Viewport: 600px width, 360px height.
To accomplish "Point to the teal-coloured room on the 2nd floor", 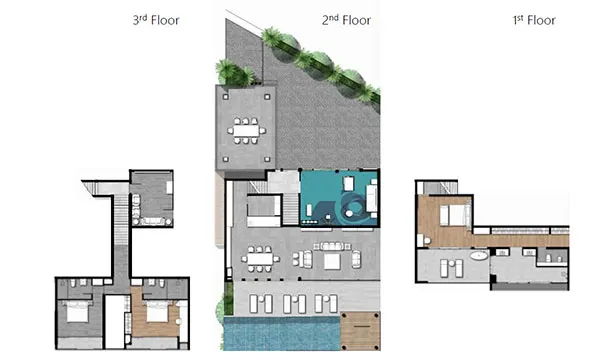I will pyautogui.click(x=340, y=197).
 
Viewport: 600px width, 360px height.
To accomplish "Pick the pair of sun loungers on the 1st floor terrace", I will pyautogui.click(x=448, y=267).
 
